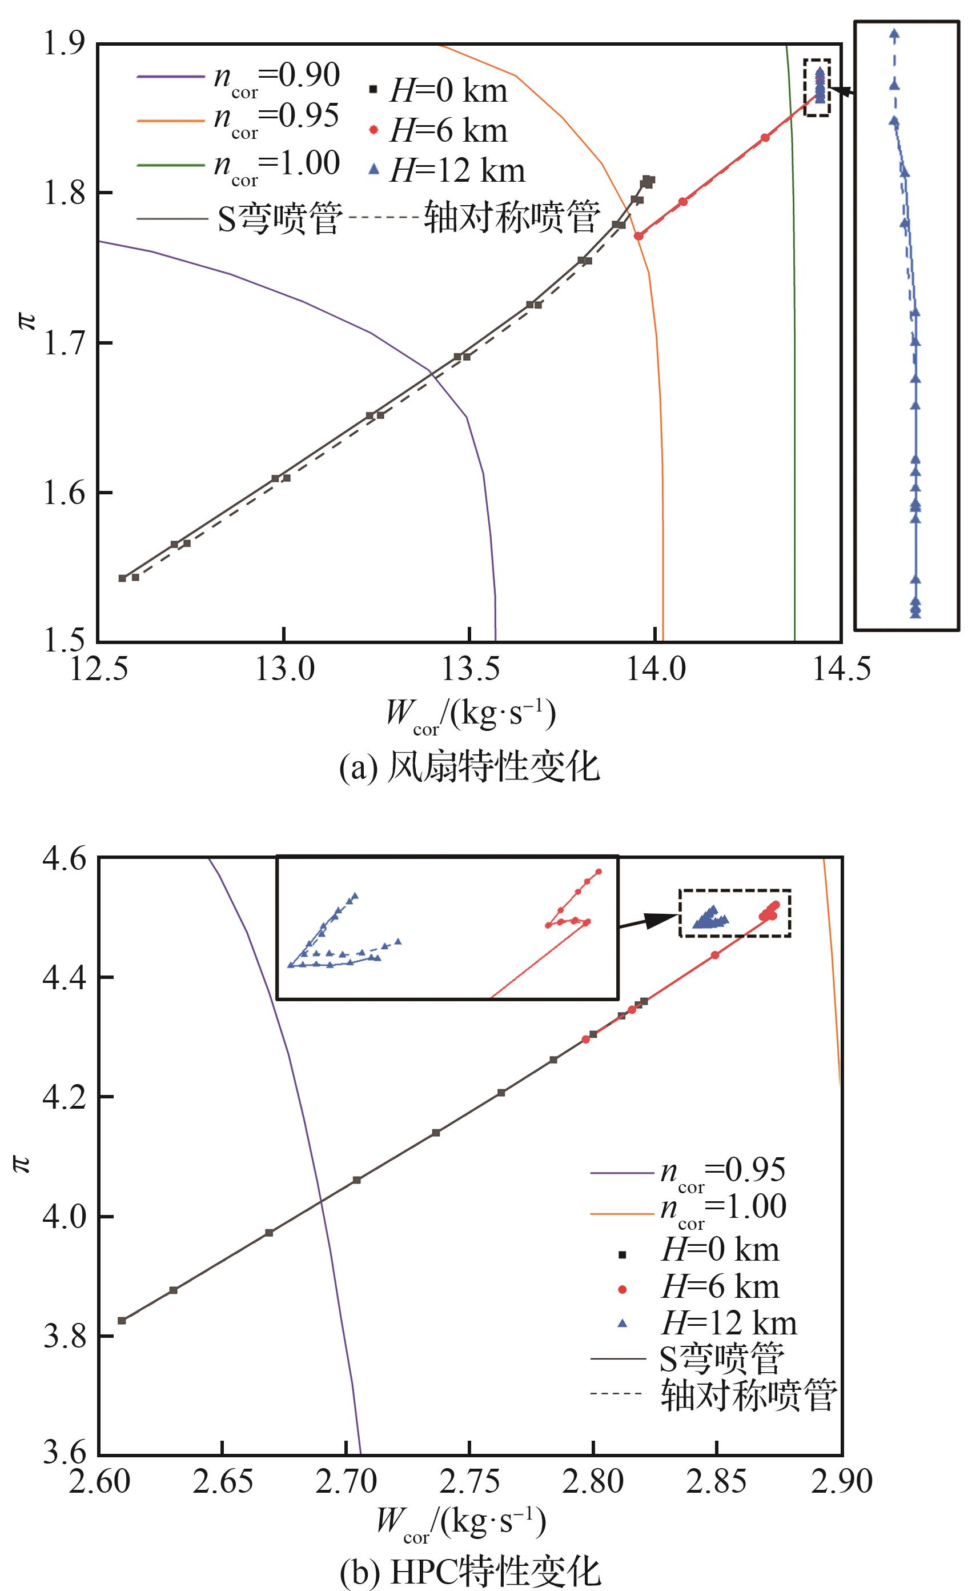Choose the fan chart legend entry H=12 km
(447, 170)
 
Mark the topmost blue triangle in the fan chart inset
(894, 34)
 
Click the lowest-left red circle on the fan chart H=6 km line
(638, 236)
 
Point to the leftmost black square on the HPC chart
(121, 1321)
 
